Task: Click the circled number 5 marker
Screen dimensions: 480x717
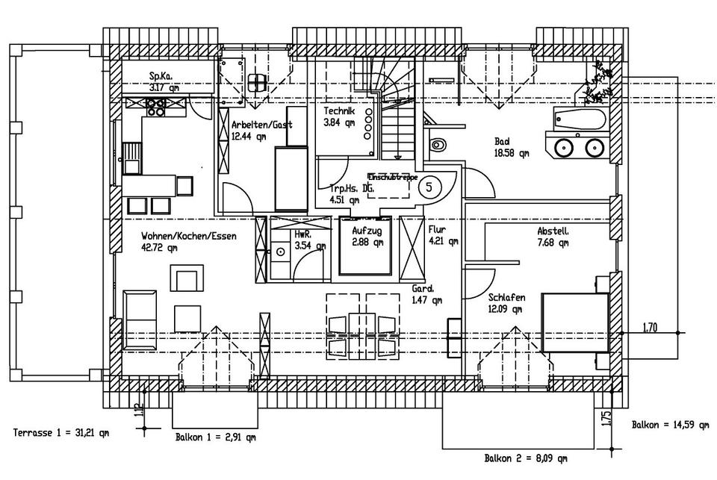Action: click(x=429, y=186)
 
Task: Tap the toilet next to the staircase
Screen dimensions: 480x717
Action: click(x=438, y=143)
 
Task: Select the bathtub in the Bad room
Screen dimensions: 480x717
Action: click(x=580, y=119)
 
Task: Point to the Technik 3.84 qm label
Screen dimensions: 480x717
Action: click(x=339, y=117)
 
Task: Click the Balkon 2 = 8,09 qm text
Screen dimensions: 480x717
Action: click(x=525, y=458)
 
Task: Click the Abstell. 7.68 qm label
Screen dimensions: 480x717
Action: click(x=553, y=237)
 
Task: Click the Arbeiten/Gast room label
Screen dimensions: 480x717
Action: click(x=261, y=130)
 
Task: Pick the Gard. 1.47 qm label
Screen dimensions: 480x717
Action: click(x=426, y=294)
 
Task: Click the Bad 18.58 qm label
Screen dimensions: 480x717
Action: click(x=511, y=148)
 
